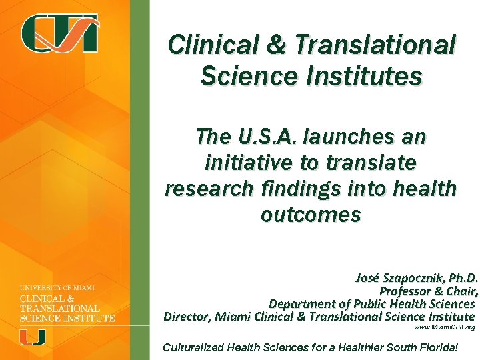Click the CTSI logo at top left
point(59,33)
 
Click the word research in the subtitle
point(208,189)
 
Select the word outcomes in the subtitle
point(311,215)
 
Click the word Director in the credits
point(187,316)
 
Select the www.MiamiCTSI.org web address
point(444,328)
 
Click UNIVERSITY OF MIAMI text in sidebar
point(57,287)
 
